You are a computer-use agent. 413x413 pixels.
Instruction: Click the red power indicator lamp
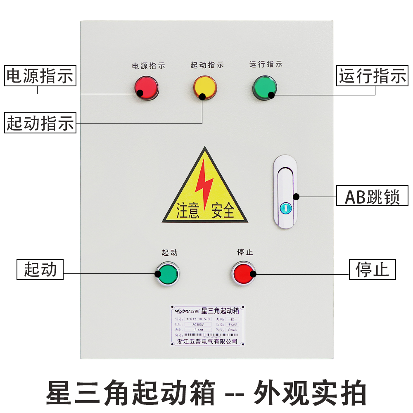(x=146, y=87)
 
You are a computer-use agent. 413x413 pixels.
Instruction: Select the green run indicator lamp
(x=265, y=87)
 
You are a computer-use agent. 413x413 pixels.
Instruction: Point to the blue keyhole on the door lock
(x=285, y=208)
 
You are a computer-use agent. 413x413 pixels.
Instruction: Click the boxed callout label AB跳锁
(x=373, y=197)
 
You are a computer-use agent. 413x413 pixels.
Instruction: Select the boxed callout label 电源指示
(x=40, y=76)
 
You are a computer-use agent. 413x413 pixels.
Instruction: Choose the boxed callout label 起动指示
(x=40, y=123)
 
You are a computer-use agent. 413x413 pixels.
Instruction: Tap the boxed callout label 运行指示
(x=373, y=76)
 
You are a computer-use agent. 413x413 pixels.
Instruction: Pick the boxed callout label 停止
(x=373, y=269)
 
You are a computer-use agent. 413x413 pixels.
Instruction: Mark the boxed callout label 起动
(x=40, y=269)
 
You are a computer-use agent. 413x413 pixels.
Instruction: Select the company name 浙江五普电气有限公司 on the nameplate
(x=207, y=341)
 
